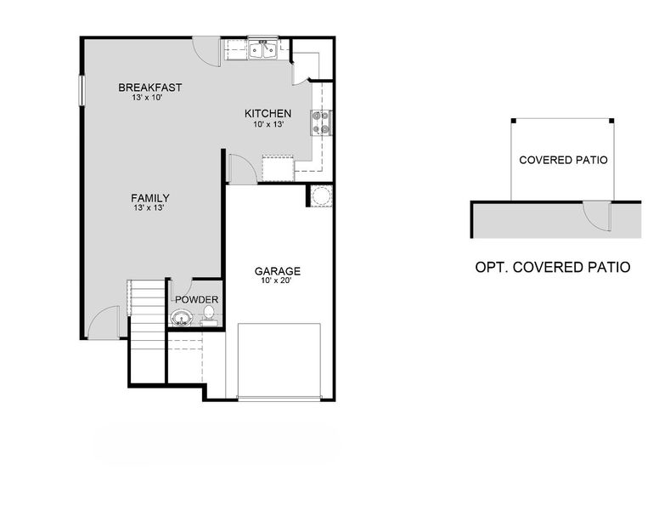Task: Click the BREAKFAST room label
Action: (x=150, y=88)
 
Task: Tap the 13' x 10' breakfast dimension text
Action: (x=147, y=98)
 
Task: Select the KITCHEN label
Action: (x=268, y=114)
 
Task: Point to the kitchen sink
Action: (x=262, y=50)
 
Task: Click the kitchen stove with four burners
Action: (x=322, y=123)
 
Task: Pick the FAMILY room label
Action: (x=150, y=198)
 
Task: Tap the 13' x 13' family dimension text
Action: (x=148, y=207)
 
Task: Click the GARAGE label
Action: (x=278, y=272)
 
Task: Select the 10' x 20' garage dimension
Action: (x=278, y=281)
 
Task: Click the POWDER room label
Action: (x=197, y=299)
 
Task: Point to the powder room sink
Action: (x=180, y=319)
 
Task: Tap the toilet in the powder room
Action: (x=208, y=318)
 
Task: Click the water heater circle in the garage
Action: (x=321, y=195)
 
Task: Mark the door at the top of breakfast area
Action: (x=206, y=51)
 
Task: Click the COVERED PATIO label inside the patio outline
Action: (x=563, y=160)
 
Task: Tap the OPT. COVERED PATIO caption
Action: (x=552, y=267)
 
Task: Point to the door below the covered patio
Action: (x=597, y=214)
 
